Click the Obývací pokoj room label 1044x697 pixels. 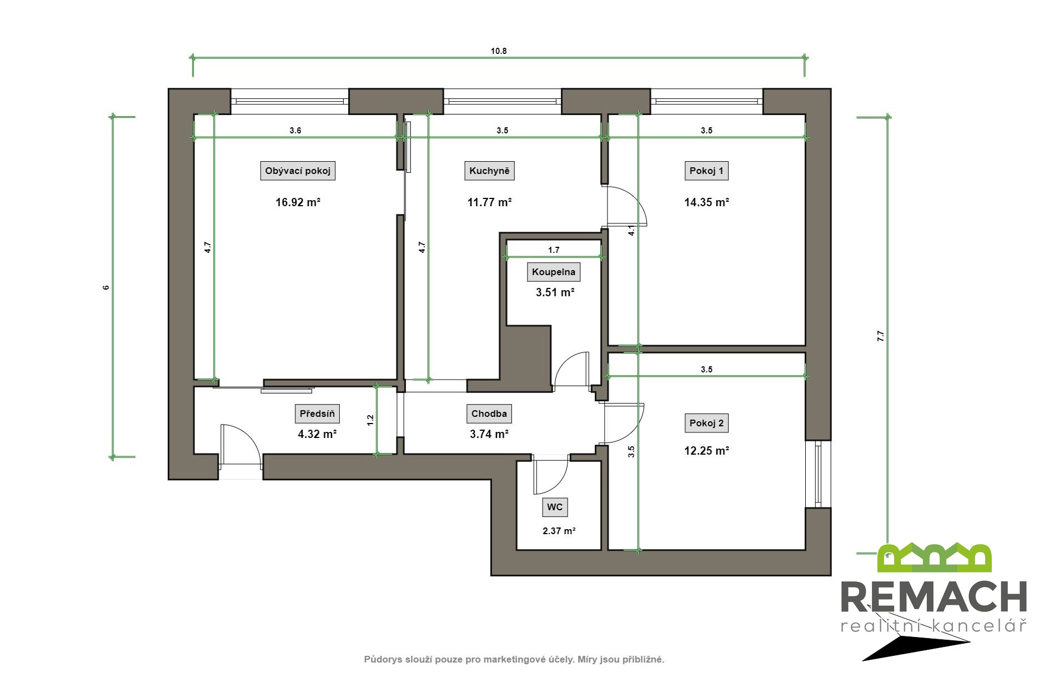coord(298,171)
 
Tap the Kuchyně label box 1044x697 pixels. coord(489,171)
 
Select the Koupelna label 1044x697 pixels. coord(554,272)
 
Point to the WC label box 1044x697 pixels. coord(555,507)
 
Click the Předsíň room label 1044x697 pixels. coord(317,414)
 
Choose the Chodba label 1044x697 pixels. coord(489,414)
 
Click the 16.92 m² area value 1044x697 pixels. coord(298,202)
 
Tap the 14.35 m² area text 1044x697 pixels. coord(706,202)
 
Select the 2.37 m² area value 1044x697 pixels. coord(559,531)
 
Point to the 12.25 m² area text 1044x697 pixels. coord(706,451)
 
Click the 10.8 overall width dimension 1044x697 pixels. coord(499,51)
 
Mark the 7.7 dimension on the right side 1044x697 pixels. coord(880,336)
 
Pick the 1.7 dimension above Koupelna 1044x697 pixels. coord(554,250)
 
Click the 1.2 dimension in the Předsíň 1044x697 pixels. coord(370,421)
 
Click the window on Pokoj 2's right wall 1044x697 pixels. coord(818,474)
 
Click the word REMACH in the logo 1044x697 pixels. coord(933,597)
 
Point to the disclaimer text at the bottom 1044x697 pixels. coord(514,660)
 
